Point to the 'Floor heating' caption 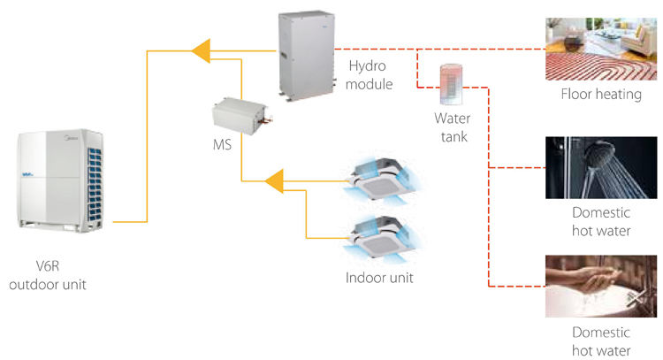pos(601,94)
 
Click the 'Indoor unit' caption pos(379,277)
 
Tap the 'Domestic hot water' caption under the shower pos(601,223)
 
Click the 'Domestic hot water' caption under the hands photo pos(601,341)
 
